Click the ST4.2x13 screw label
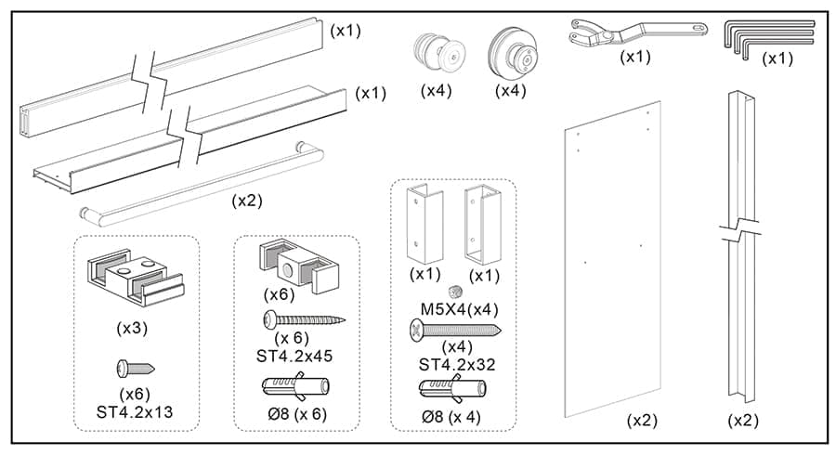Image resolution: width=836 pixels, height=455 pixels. point(137,411)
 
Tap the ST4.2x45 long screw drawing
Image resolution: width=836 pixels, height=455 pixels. point(304,320)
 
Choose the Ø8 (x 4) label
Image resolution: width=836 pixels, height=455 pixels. point(451,415)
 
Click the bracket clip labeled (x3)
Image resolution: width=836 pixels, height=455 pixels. point(136,279)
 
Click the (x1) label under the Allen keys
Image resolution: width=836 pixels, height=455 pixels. point(777,58)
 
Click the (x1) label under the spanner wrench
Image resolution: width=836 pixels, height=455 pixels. point(635,57)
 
